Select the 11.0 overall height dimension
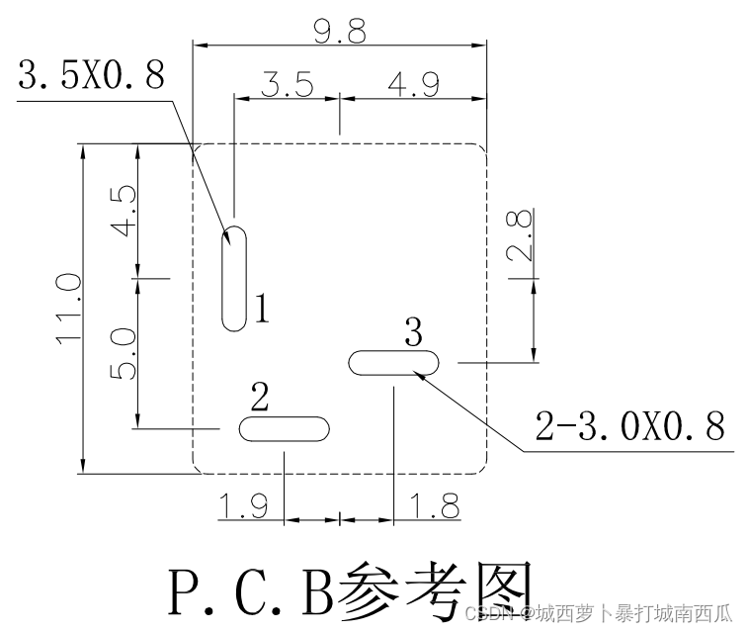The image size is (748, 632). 67,309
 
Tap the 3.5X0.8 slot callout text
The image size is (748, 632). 91,76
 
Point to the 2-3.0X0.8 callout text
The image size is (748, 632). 630,425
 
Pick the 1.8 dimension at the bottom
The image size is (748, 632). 435,507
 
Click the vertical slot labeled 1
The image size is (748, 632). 234,279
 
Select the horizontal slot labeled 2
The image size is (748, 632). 284,429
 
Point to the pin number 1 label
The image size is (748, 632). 260,310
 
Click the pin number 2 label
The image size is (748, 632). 260,398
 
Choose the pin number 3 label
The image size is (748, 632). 413,330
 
